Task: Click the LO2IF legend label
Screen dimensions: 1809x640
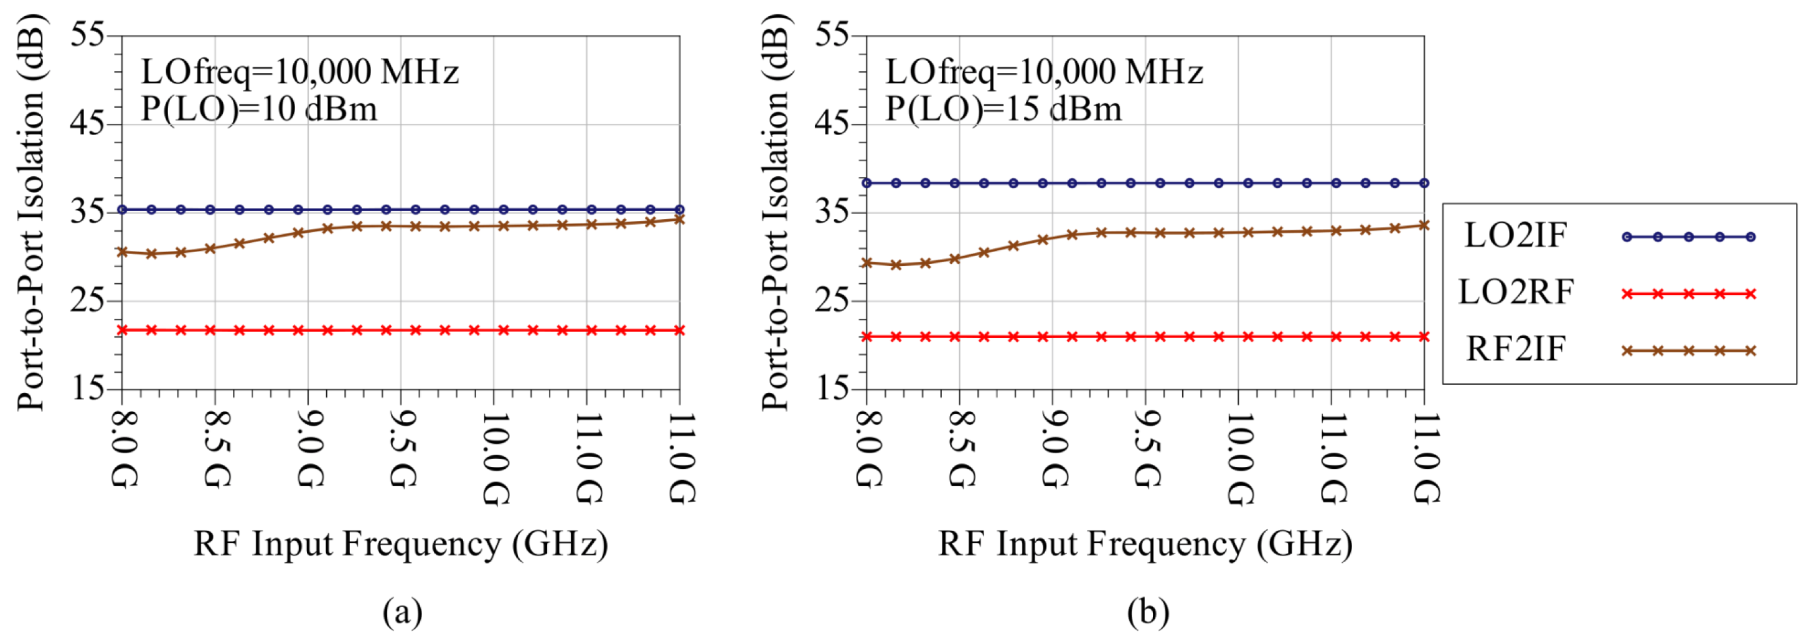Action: [1515, 235]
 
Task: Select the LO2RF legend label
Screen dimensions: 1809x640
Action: [1515, 292]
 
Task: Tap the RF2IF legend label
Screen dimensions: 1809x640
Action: [1515, 349]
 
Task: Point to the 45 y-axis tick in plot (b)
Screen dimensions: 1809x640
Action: [832, 124]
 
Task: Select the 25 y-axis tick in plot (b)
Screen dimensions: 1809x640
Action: [832, 301]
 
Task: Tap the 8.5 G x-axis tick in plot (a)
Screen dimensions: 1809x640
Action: [215, 449]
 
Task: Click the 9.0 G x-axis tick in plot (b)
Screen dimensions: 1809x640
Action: [1053, 449]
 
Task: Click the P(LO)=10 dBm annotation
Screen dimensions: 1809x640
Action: [259, 110]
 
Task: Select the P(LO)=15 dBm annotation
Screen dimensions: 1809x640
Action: [1003, 110]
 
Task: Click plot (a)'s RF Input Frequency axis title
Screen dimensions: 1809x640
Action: [401, 544]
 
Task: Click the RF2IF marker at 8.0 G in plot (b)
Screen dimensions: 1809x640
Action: [867, 263]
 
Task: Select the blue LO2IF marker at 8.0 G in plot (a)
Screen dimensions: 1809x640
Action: [122, 209]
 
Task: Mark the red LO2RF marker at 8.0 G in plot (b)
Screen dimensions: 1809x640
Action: [867, 337]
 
